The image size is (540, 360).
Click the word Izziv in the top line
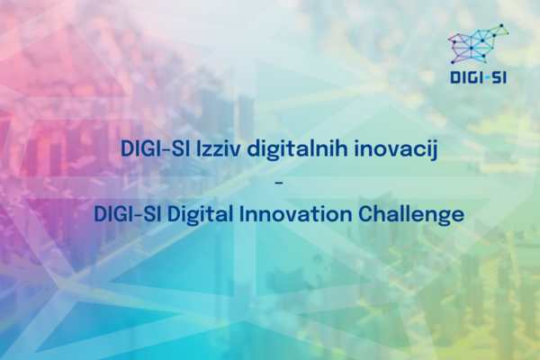(218, 148)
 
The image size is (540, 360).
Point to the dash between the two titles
(279, 183)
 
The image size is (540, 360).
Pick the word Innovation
(295, 213)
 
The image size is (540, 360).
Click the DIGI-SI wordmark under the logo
(479, 78)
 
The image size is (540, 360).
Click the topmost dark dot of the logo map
(501, 25)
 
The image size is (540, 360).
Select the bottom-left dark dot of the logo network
(453, 62)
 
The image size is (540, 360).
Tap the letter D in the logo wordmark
(454, 78)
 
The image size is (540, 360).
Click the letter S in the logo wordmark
(496, 78)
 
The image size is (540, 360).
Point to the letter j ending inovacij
(435, 151)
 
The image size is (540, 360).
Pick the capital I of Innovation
(241, 214)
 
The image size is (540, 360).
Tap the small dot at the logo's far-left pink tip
(449, 39)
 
